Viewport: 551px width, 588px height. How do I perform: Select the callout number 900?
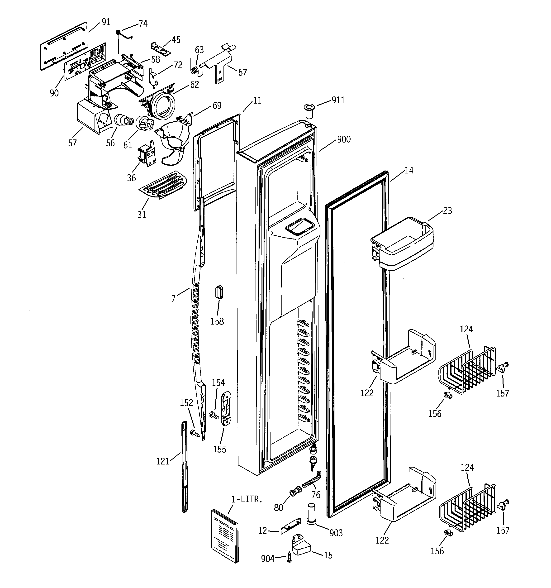[x=344, y=139]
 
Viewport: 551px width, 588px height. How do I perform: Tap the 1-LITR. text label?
[x=247, y=500]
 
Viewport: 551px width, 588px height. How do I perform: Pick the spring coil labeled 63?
[x=194, y=71]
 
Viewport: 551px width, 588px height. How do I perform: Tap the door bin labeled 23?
[x=402, y=245]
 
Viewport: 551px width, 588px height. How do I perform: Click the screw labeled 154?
[x=214, y=415]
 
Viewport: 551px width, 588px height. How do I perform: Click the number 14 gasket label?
[x=409, y=170]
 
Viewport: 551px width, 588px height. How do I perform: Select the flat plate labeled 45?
[x=161, y=48]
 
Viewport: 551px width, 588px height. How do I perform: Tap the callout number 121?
[x=163, y=461]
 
